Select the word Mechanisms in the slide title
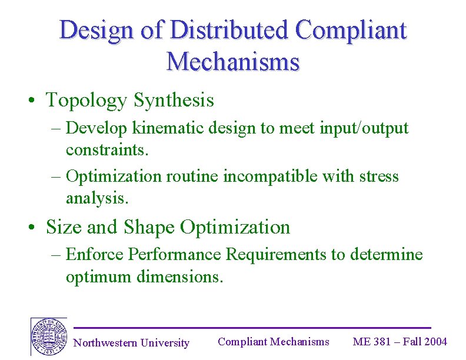pos(233,61)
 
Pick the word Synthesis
pos(174,100)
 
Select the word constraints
pos(108,149)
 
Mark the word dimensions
pos(179,276)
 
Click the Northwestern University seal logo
pos(48,337)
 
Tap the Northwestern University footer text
pos(131,343)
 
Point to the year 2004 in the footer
pos(435,342)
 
